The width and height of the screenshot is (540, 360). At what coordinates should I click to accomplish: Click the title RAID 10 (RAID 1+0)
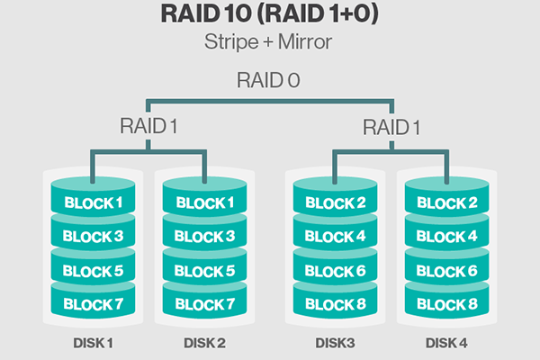point(270,16)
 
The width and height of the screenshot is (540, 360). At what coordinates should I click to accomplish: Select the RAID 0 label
point(269,78)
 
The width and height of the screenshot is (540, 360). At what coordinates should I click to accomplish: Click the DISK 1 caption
point(94,344)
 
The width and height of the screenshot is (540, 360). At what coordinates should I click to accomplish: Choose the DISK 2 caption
point(205,344)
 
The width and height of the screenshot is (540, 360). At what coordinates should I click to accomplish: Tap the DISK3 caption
point(335,344)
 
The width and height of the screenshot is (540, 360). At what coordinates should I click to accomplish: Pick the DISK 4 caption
point(446,344)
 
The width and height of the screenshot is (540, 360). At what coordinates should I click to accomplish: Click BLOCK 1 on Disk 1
point(94,202)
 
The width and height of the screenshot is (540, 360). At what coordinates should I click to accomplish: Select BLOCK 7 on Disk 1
point(94,304)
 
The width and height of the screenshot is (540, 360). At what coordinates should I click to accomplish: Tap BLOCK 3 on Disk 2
point(205,237)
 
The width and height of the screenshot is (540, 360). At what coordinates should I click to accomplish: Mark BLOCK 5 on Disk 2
point(205,271)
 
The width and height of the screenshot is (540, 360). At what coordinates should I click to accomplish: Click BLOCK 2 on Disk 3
point(335,202)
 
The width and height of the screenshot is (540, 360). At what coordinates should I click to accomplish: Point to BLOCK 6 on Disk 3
point(335,271)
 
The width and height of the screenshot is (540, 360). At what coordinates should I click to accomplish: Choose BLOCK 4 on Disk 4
point(446,237)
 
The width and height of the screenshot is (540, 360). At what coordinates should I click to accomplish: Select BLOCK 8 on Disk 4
point(446,304)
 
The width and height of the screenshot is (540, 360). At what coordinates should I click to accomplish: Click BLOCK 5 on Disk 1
point(94,271)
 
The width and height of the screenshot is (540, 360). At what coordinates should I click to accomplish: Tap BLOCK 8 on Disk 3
point(335,304)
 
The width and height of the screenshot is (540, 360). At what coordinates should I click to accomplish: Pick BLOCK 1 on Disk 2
point(205,202)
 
